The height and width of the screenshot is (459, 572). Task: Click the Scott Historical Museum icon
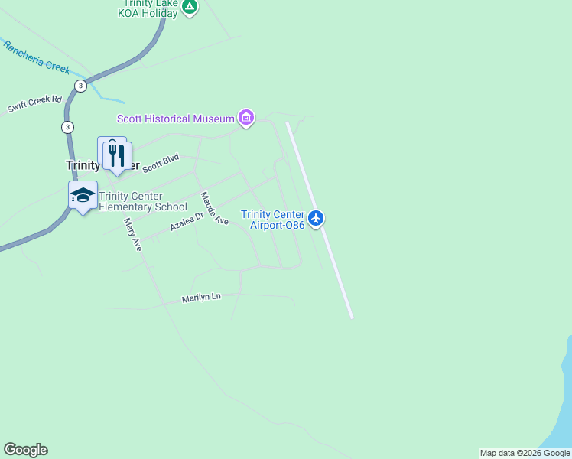point(245,119)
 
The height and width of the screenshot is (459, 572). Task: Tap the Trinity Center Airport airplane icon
point(316,219)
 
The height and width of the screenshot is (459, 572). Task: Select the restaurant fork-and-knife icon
point(117,156)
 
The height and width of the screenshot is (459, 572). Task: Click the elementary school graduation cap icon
point(83,195)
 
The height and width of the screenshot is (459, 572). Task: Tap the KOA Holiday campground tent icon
point(190,6)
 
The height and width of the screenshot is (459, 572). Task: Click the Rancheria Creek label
point(36,57)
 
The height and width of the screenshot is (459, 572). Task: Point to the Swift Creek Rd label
point(34,105)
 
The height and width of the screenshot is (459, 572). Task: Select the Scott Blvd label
point(161,162)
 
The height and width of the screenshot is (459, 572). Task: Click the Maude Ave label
point(214,208)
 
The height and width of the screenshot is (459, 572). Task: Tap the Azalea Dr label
point(187,223)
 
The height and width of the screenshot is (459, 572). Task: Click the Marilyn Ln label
point(200,298)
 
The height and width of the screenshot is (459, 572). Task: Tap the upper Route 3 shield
point(80,85)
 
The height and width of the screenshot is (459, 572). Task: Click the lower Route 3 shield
point(68,126)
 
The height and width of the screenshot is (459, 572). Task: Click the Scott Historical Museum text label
point(175,119)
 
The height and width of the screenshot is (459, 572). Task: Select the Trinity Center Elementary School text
point(143,201)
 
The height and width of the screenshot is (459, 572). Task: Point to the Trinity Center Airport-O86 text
point(272,220)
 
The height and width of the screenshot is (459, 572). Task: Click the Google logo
point(25,450)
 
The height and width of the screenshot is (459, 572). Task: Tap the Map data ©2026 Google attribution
point(525,453)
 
